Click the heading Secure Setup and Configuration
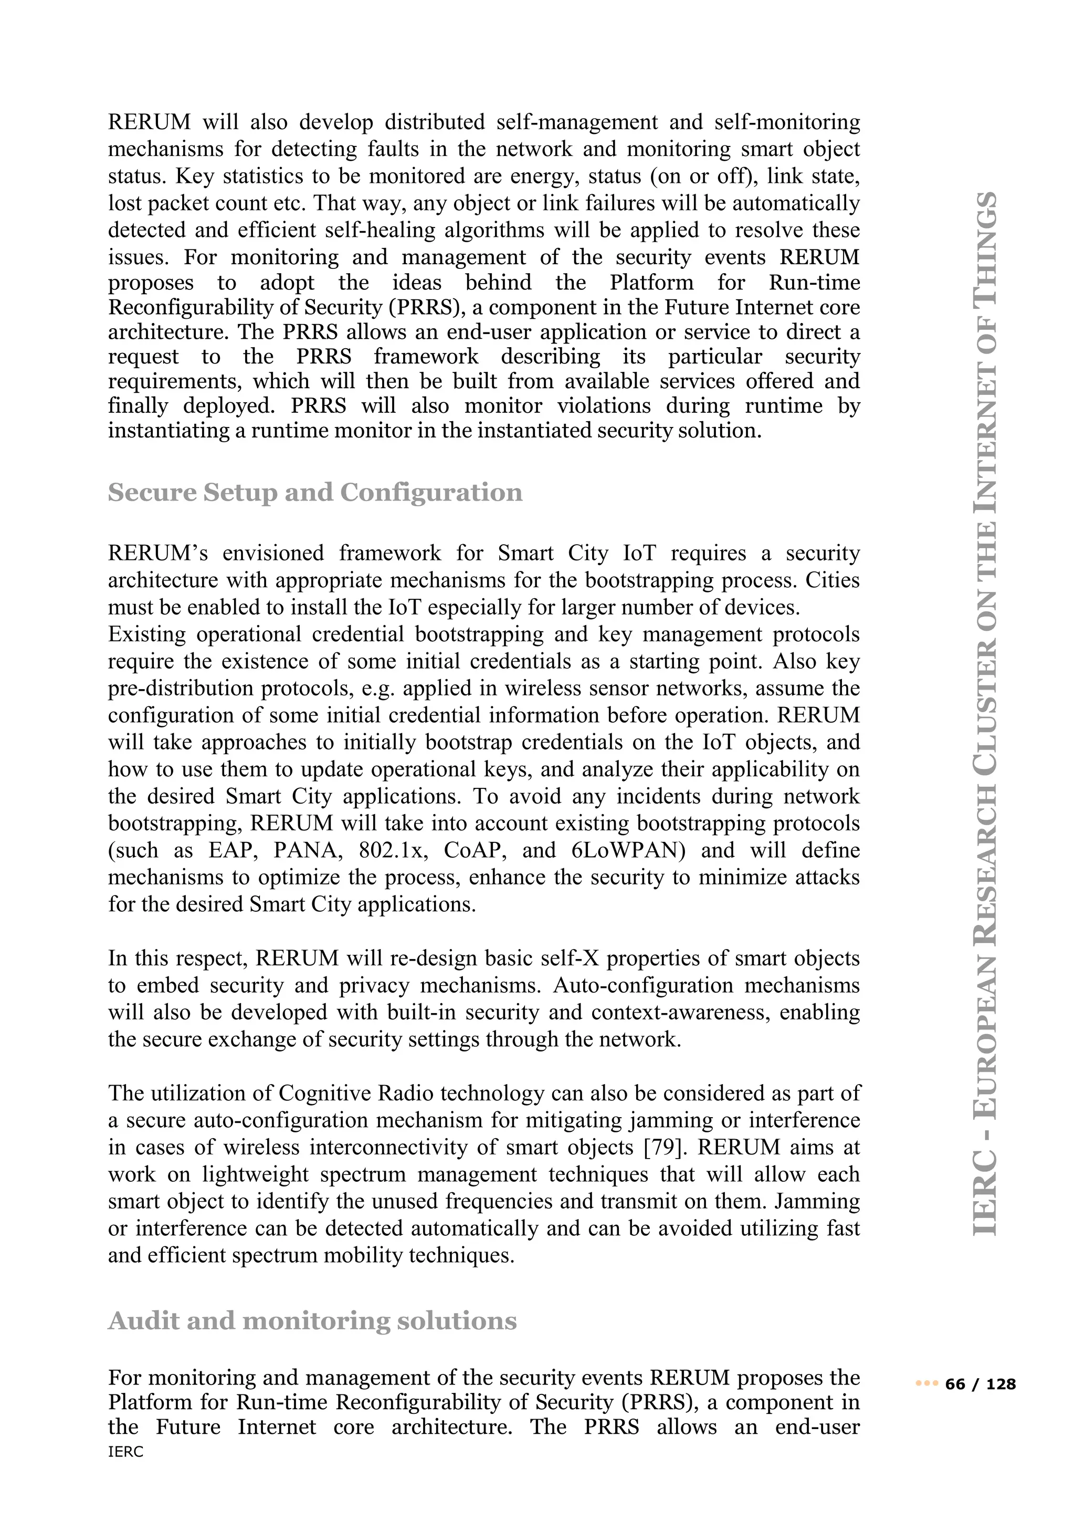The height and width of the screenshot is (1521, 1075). pyautogui.click(x=315, y=493)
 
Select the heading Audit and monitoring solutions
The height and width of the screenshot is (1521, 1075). pyautogui.click(x=312, y=1321)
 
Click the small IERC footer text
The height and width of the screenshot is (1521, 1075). pyautogui.click(x=126, y=1452)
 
